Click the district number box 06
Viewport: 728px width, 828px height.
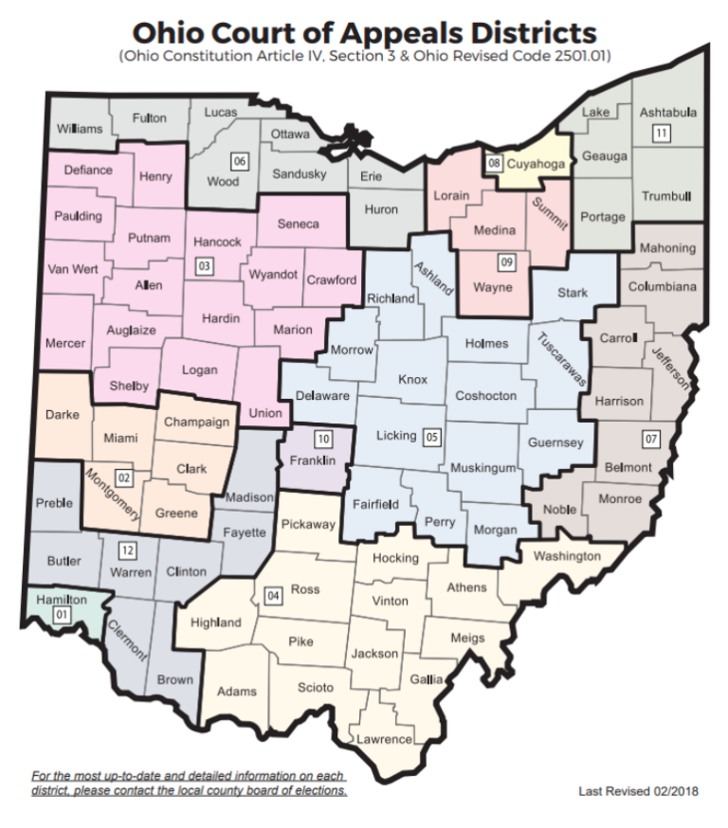point(240,162)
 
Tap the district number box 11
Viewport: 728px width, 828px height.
point(661,134)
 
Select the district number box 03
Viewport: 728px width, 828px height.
point(204,267)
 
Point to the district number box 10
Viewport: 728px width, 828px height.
point(323,439)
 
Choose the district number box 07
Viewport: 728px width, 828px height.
point(650,439)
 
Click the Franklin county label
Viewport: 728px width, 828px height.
point(315,461)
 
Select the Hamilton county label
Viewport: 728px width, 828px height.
point(62,600)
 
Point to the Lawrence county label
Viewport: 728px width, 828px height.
point(384,739)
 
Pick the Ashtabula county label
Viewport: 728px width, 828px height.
point(667,113)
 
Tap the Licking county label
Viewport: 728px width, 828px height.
point(395,436)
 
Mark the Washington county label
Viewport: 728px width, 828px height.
point(566,556)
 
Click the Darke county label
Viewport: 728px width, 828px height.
point(63,414)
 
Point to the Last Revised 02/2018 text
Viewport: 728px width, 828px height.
point(638,790)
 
